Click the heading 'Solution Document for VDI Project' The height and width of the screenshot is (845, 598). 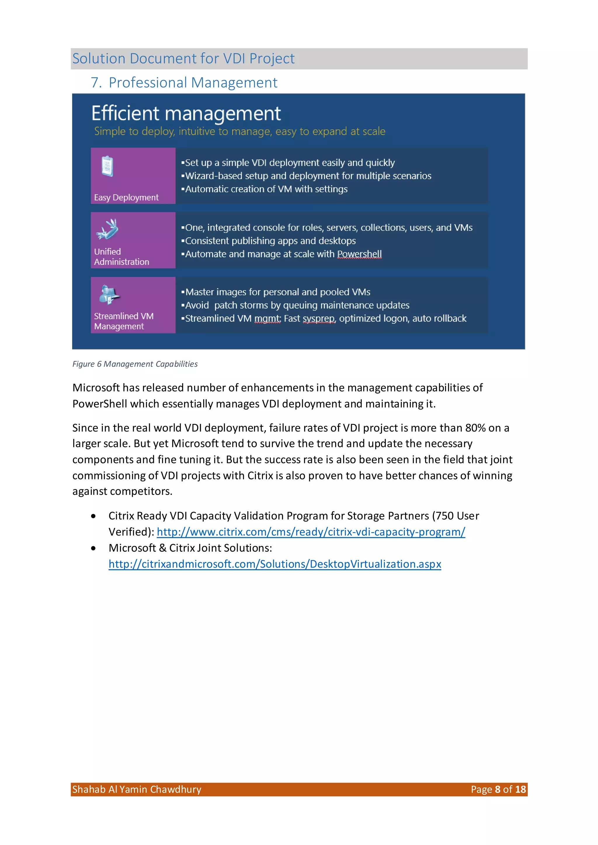click(x=183, y=58)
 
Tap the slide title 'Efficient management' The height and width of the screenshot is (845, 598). click(x=186, y=113)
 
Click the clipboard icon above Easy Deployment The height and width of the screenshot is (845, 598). click(x=107, y=166)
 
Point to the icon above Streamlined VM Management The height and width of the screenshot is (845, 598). click(x=109, y=294)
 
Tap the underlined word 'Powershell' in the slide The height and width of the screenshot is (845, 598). click(x=359, y=254)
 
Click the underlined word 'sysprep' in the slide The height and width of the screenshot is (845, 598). click(x=318, y=319)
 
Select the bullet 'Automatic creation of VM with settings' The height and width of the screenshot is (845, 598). click(x=266, y=189)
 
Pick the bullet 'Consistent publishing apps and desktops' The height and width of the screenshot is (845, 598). click(x=270, y=241)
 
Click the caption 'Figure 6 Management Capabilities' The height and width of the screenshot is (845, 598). click(x=135, y=364)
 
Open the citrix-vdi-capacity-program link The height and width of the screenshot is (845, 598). click(x=311, y=532)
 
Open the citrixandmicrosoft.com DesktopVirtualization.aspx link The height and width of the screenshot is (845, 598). click(x=275, y=564)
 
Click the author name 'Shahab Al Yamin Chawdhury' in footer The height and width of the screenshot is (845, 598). click(x=137, y=790)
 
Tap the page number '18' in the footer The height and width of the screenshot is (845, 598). click(x=520, y=790)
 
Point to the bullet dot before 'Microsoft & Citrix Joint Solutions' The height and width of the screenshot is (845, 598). click(x=93, y=548)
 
